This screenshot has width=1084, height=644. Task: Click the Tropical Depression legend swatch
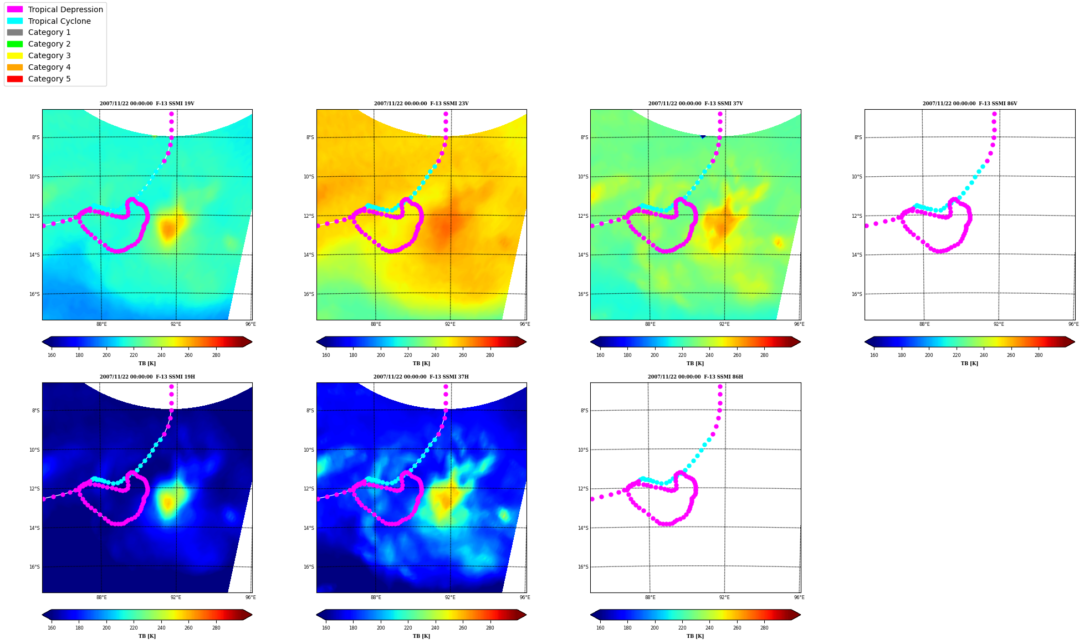tap(15, 9)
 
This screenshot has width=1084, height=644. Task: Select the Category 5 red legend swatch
tap(15, 79)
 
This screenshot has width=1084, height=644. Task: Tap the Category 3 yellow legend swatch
tap(15, 55)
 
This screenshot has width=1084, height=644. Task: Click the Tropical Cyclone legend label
tap(59, 21)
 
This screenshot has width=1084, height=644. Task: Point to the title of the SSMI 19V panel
tap(147, 104)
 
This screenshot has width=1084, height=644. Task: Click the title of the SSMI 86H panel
tap(696, 377)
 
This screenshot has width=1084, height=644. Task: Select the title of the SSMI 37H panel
tap(421, 377)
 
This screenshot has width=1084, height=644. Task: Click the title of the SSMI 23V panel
tap(421, 104)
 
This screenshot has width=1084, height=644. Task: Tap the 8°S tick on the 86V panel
tap(858, 137)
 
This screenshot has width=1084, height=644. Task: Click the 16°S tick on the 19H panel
tap(34, 567)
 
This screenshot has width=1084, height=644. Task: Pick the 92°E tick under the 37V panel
tap(724, 324)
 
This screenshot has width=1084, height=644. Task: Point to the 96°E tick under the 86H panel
tap(799, 597)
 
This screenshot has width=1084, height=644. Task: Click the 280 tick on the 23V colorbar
tap(490, 355)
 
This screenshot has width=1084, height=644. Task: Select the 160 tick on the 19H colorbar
tap(52, 628)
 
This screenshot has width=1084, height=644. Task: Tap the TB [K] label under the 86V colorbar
tap(969, 364)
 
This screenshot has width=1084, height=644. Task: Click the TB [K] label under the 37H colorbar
tap(421, 636)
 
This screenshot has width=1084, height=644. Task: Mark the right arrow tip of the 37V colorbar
tap(801, 342)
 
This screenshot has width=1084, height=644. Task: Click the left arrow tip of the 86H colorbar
tap(591, 615)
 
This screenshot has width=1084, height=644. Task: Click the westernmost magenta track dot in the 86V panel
tap(866, 226)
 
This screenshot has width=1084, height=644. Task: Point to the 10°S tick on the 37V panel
tap(583, 177)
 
